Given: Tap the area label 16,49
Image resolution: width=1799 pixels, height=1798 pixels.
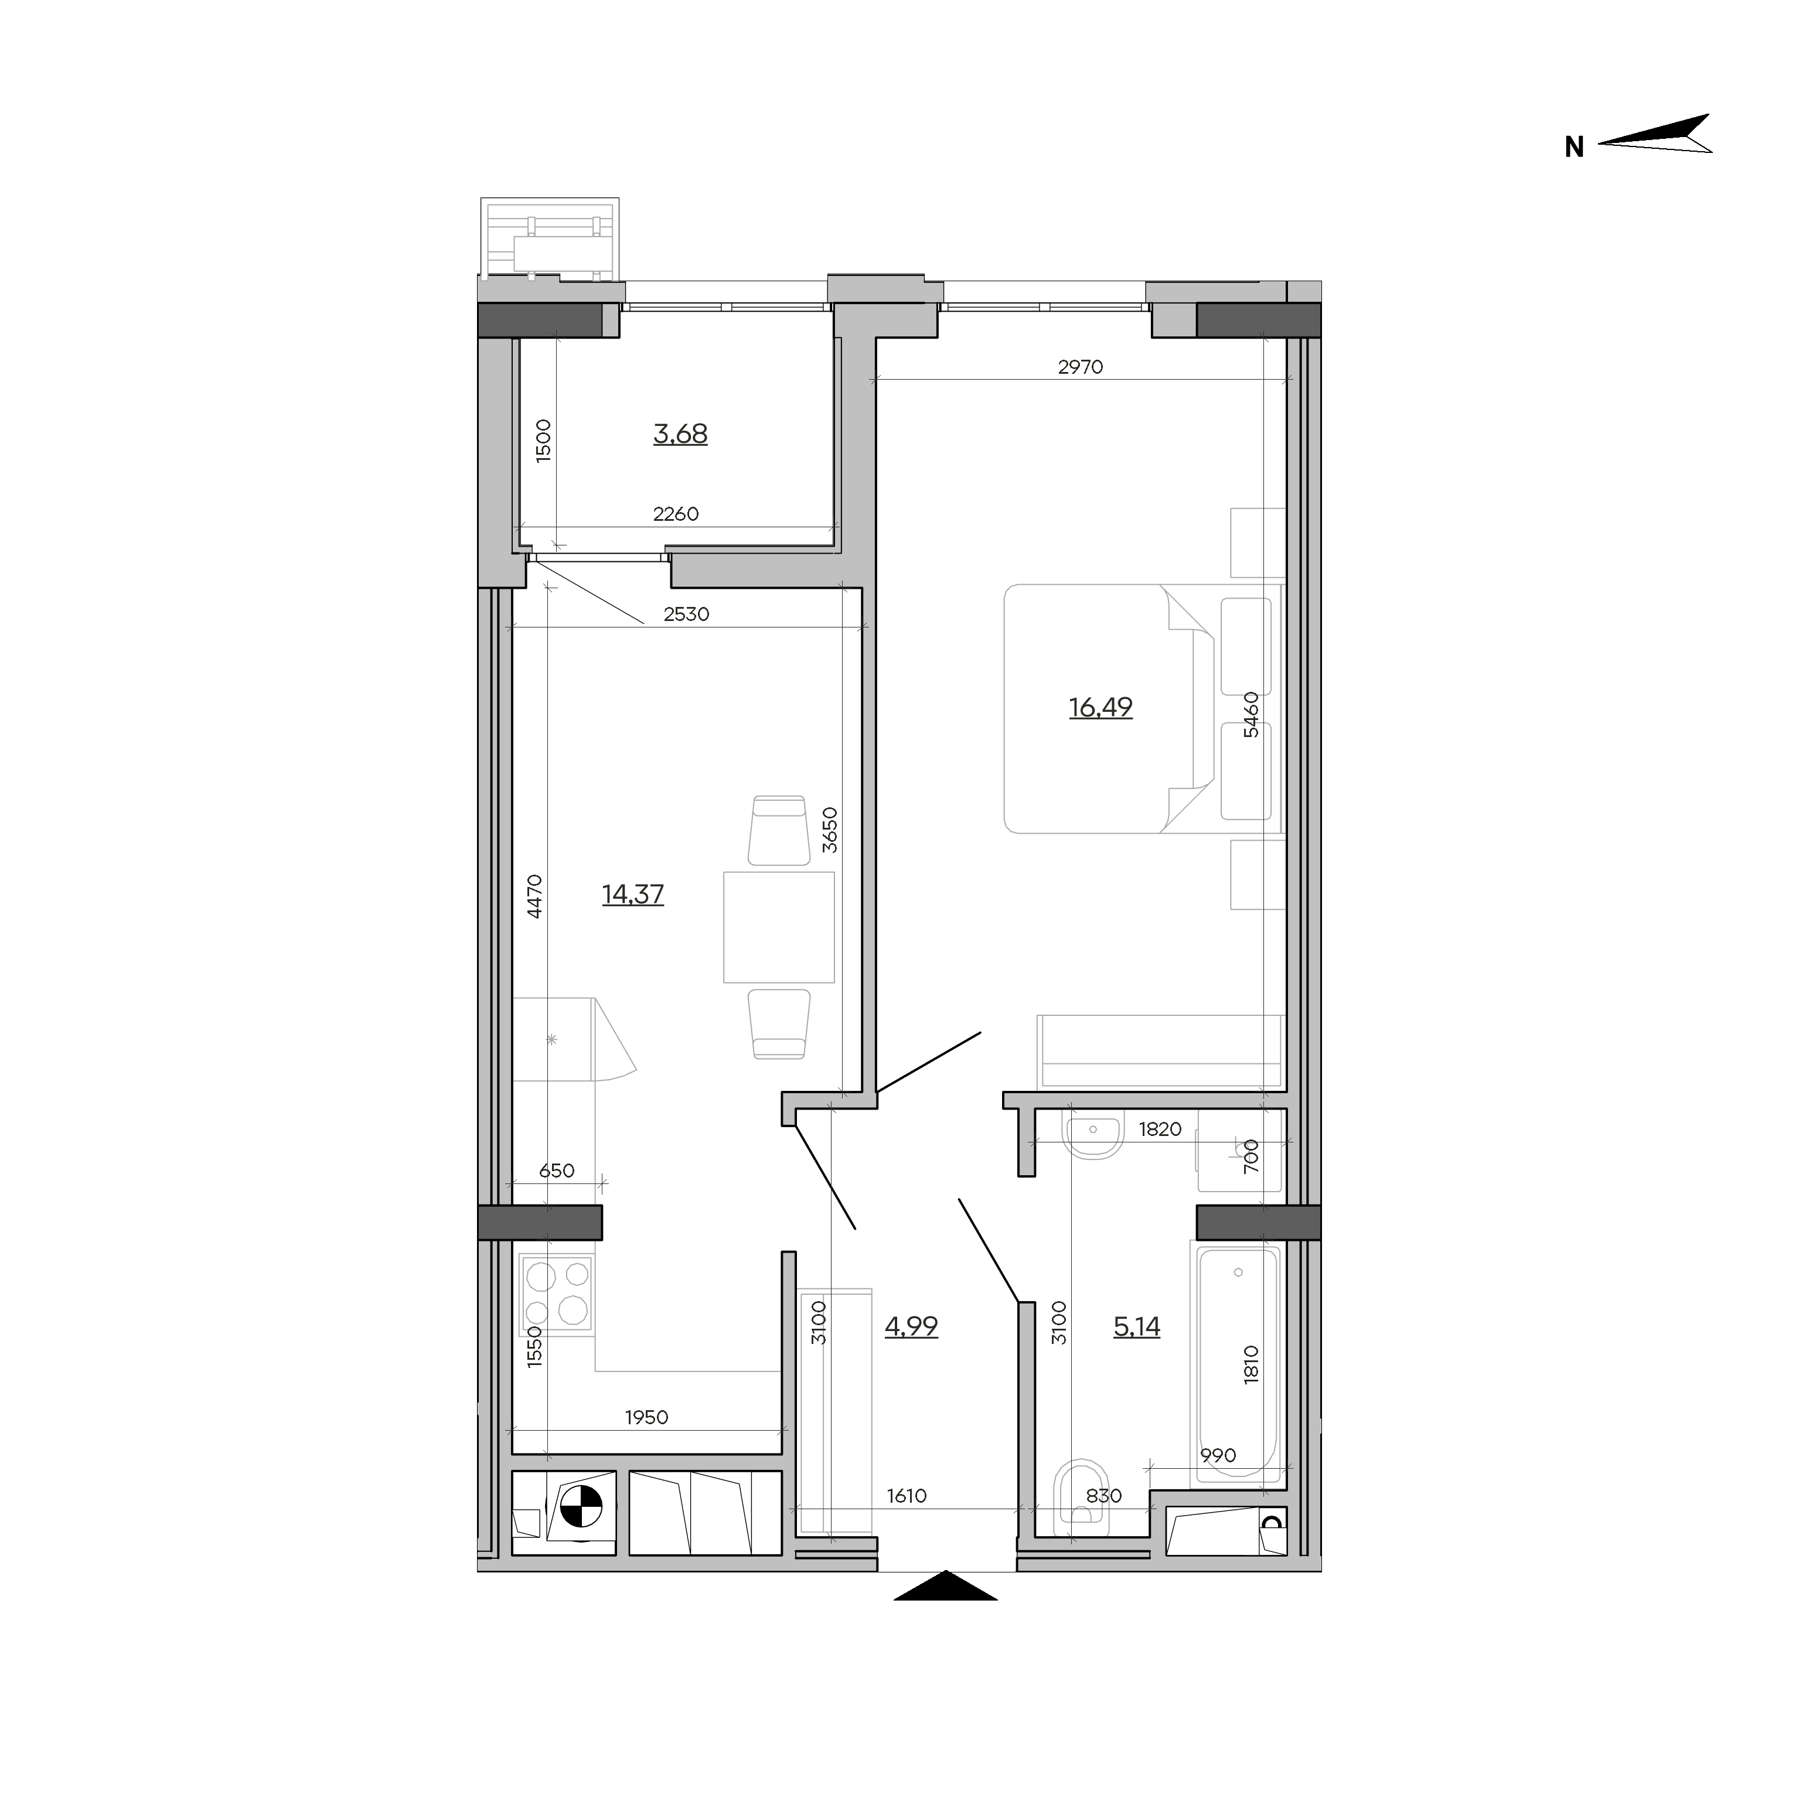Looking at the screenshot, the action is pos(1100,708).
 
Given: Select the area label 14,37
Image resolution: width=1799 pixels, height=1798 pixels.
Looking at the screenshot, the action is pos(633,894).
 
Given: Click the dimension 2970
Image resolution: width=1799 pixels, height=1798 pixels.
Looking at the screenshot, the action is pos(1080,367).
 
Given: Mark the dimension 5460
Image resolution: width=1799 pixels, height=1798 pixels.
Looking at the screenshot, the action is pos(1252,715).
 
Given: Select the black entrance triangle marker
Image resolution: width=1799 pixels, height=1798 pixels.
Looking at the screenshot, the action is pos(946,1586).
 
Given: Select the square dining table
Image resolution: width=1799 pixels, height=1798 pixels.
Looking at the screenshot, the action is pos(778,927).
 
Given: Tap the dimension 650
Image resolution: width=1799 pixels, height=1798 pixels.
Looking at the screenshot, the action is pos(557,1171).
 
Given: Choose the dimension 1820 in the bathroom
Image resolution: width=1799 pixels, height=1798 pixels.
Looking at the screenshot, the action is pos(1160,1130).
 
